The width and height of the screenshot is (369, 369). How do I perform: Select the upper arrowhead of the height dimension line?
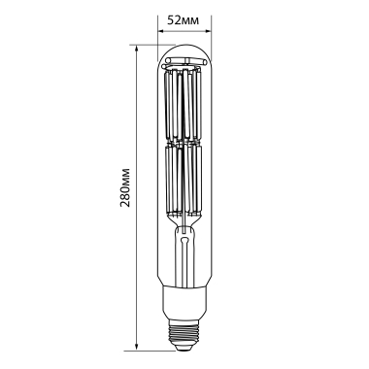click(138, 47)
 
